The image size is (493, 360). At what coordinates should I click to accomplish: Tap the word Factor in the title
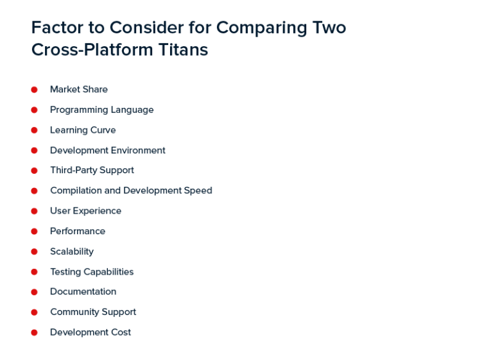click(56, 28)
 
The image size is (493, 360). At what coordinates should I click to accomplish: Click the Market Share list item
click(78, 89)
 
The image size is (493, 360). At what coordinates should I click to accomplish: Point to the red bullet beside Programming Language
click(35, 110)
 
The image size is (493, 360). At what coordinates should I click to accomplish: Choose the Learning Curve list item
click(83, 130)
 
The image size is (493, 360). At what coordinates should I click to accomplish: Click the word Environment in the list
click(137, 150)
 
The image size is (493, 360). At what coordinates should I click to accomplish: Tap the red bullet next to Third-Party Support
click(35, 171)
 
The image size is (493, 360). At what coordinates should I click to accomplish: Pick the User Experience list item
click(85, 210)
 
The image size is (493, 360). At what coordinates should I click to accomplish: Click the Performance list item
click(78, 231)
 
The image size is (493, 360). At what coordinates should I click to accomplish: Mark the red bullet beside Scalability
click(35, 252)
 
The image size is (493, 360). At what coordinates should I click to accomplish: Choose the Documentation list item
click(83, 291)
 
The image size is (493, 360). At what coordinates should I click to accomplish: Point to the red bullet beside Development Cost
click(35, 332)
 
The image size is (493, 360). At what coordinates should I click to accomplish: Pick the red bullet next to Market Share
click(35, 90)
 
